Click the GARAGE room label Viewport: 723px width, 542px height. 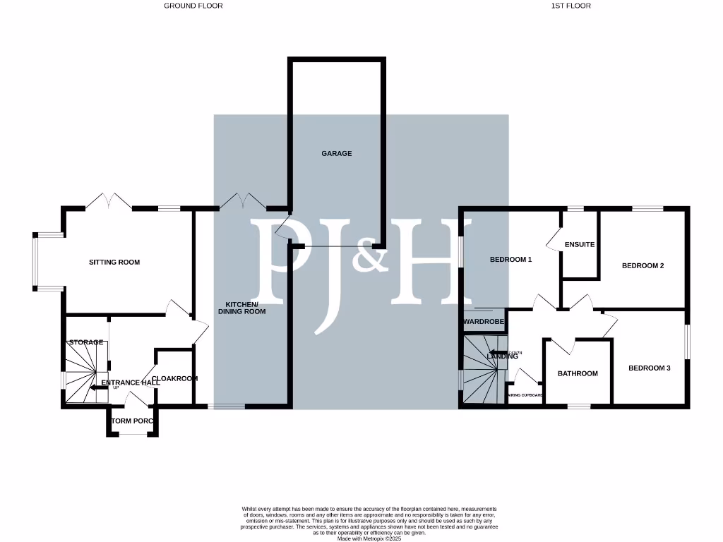click(x=336, y=153)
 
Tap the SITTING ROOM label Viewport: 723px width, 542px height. click(x=114, y=262)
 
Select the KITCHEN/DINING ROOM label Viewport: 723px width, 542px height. click(x=241, y=307)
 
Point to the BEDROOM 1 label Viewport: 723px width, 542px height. click(x=510, y=260)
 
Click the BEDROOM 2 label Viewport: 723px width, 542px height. click(x=643, y=266)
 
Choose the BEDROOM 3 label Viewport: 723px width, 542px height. click(x=649, y=368)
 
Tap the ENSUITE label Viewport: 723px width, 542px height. click(x=580, y=245)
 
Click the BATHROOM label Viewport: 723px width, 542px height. click(x=578, y=373)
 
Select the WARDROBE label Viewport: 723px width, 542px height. click(x=484, y=322)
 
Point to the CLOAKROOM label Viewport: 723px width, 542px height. click(x=175, y=378)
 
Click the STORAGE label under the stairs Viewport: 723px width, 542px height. click(x=86, y=342)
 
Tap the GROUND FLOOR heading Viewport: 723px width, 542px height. click(x=193, y=6)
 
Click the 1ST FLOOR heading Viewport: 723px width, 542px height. click(x=570, y=6)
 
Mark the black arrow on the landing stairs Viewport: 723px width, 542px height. click(x=498, y=352)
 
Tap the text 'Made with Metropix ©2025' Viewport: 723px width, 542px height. click(x=369, y=538)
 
